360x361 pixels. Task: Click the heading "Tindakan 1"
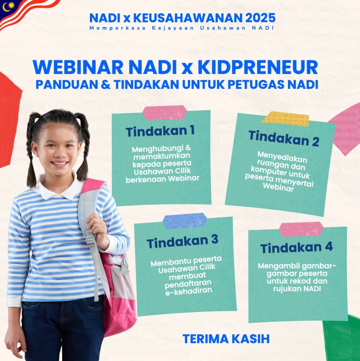tap(160, 131)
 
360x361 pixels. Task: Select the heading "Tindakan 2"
tap(284, 138)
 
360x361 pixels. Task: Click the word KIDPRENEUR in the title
tap(258, 67)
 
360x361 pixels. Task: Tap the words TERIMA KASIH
tap(226, 339)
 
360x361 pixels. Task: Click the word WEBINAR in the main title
tap(78, 67)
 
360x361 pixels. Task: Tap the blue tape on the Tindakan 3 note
tap(185, 221)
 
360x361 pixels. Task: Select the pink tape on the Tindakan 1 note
tap(164, 112)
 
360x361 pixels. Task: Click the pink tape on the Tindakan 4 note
tap(301, 229)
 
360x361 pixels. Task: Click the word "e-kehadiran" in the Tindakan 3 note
tap(189, 291)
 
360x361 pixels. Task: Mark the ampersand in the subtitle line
tap(105, 85)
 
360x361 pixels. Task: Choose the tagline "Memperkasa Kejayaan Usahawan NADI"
tap(182, 28)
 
